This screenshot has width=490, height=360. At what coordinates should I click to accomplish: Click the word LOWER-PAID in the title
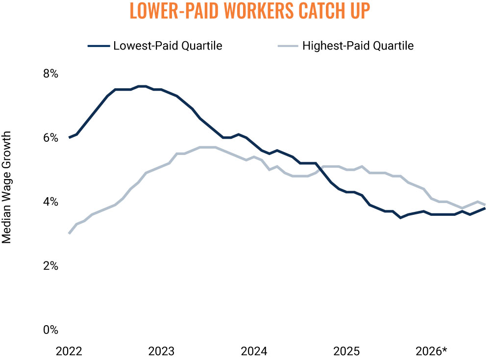[x=174, y=11]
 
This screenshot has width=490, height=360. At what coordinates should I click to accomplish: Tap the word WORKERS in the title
[x=259, y=11]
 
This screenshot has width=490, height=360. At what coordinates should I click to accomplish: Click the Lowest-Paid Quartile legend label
[x=168, y=46]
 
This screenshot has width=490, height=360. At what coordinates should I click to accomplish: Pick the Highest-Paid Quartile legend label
[x=358, y=46]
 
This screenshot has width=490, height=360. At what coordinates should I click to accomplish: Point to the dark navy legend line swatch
[x=99, y=46]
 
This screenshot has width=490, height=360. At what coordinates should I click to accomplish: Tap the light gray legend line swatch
[x=288, y=46]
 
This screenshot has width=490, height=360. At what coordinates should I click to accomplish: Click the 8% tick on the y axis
[x=50, y=74]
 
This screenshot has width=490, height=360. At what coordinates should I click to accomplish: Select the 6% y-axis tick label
[x=50, y=138]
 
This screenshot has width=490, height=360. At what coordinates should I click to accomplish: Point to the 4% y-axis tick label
[x=50, y=202]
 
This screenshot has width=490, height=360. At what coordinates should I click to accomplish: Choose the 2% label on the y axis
[x=50, y=266]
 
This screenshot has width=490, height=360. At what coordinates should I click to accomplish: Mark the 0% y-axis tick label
[x=50, y=330]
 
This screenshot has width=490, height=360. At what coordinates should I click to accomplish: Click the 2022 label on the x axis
[x=69, y=351]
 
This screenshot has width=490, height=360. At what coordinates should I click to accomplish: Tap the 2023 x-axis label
[x=161, y=351]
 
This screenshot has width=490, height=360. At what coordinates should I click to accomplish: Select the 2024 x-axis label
[x=254, y=351]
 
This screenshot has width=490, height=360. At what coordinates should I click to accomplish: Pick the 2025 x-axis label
[x=346, y=351]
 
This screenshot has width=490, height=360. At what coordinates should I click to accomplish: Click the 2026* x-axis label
[x=432, y=351]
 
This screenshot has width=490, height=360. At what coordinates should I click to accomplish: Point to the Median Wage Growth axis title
[x=6, y=187]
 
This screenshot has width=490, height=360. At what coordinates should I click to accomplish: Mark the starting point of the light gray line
[x=69, y=233]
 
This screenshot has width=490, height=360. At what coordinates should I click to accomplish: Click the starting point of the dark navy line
[x=69, y=138]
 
